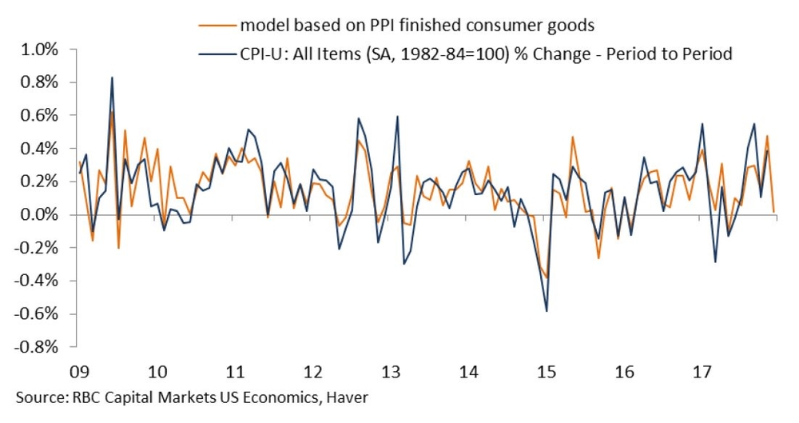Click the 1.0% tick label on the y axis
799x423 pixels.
pyautogui.click(x=38, y=50)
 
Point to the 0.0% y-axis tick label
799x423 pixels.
pyautogui.click(x=38, y=215)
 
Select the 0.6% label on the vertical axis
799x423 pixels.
pyautogui.click(x=38, y=116)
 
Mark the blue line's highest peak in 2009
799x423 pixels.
pyautogui.click(x=112, y=78)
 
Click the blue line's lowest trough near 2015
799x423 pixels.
pyautogui.click(x=547, y=311)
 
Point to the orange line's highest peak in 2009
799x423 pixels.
pyautogui.click(x=112, y=112)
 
